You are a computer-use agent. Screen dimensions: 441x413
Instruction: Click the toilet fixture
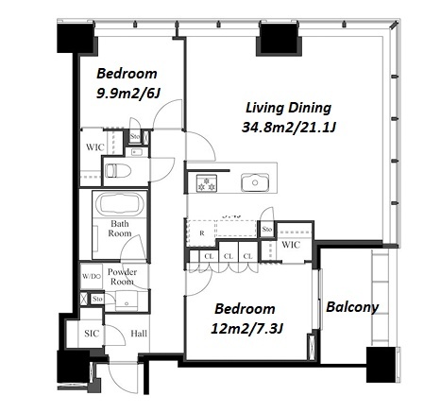point(118,171)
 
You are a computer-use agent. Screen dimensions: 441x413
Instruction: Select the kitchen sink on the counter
point(255,182)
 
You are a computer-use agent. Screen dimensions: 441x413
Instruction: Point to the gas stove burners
point(207,182)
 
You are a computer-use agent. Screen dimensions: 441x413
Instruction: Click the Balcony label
point(352,307)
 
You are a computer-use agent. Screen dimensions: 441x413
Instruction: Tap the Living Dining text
point(288,108)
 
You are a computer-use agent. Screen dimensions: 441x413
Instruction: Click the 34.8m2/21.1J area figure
point(289,128)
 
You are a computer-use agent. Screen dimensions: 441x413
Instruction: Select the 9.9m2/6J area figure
point(128,93)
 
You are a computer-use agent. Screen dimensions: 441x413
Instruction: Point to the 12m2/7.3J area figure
point(247,329)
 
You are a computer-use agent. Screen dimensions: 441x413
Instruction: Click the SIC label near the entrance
point(92,334)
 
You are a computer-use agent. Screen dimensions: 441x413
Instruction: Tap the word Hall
point(139,334)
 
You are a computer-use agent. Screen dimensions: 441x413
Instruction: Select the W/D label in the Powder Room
point(92,277)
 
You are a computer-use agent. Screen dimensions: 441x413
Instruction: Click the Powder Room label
point(122,277)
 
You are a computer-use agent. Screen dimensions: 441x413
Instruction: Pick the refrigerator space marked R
point(202,233)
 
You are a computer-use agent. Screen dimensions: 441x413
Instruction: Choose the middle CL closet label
point(229,256)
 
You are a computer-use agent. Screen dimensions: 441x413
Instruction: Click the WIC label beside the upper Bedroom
point(95,147)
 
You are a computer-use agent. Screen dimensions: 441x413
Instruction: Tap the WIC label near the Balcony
point(291,245)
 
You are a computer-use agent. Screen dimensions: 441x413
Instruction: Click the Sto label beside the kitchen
point(266,229)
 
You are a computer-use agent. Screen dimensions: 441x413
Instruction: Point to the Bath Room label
point(120,229)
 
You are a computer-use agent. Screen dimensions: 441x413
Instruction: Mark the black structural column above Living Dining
point(279,38)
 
